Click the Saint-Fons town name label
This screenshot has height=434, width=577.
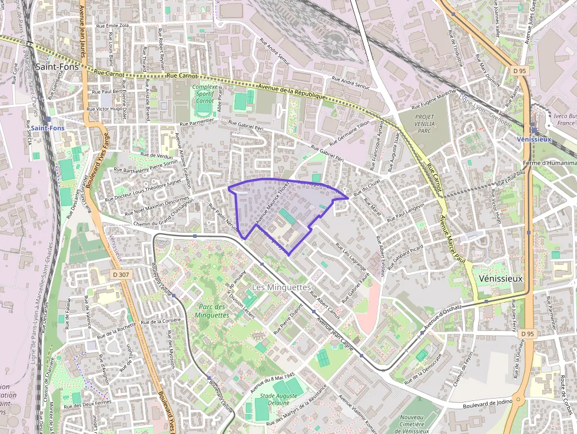click(x=58, y=67)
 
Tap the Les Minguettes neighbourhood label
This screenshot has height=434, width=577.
click(x=281, y=287)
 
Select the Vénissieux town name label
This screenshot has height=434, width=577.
click(x=501, y=278)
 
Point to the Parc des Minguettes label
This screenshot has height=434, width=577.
click(x=213, y=311)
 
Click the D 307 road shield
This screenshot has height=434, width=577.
click(x=120, y=274)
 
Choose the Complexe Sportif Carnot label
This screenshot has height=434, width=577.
click(x=204, y=94)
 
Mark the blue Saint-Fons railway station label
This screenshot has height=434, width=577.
click(x=48, y=128)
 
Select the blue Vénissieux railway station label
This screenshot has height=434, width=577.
click(x=533, y=140)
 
